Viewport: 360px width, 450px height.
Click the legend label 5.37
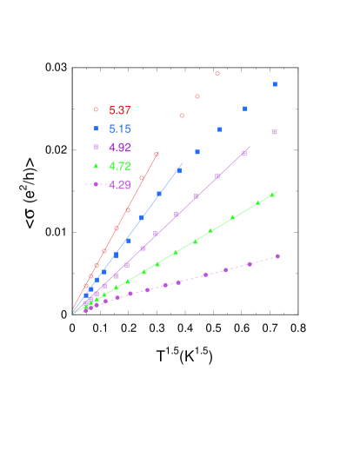coord(120,110)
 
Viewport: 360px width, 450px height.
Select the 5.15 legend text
coord(120,129)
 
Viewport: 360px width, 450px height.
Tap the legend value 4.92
coord(120,148)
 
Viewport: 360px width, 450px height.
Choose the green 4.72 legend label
coord(120,166)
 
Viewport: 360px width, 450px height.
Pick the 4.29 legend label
coord(120,184)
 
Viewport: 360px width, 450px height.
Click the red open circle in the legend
coord(96,110)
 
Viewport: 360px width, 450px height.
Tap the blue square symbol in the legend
coord(96,129)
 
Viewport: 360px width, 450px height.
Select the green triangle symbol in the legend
coord(96,166)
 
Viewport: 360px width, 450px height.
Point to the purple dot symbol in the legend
coord(96,184)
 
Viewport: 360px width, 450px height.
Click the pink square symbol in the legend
coord(96,148)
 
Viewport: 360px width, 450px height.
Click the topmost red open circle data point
coord(217,74)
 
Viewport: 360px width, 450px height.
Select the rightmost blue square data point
coord(275,84)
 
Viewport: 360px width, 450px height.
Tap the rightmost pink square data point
coord(274,132)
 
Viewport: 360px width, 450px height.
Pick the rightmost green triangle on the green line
coord(272,195)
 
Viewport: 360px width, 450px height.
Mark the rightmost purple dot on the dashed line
coord(278,256)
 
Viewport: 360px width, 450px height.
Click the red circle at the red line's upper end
coord(157,154)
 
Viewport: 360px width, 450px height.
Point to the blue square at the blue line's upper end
coord(179,170)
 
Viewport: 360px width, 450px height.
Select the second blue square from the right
coord(245,109)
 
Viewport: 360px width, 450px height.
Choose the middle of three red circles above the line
coord(197,96)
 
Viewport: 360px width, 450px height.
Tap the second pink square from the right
coord(244,154)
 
